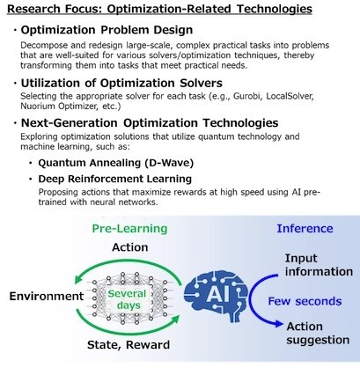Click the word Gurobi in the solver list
coord(246,96)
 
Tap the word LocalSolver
coord(290,96)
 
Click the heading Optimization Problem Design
coord(107,30)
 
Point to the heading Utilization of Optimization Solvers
coord(121,83)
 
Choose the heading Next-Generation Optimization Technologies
coord(150,123)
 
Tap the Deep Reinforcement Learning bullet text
coord(115,179)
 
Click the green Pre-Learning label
coord(129,228)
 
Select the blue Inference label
coord(305,228)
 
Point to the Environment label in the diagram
coord(47,296)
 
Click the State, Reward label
coord(129,344)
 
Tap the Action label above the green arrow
coord(130,247)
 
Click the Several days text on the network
coord(127,299)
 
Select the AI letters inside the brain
coord(217,294)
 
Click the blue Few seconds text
coord(305,301)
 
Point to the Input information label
coord(319,265)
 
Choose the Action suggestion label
coord(318,333)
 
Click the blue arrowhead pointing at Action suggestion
coord(279,324)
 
